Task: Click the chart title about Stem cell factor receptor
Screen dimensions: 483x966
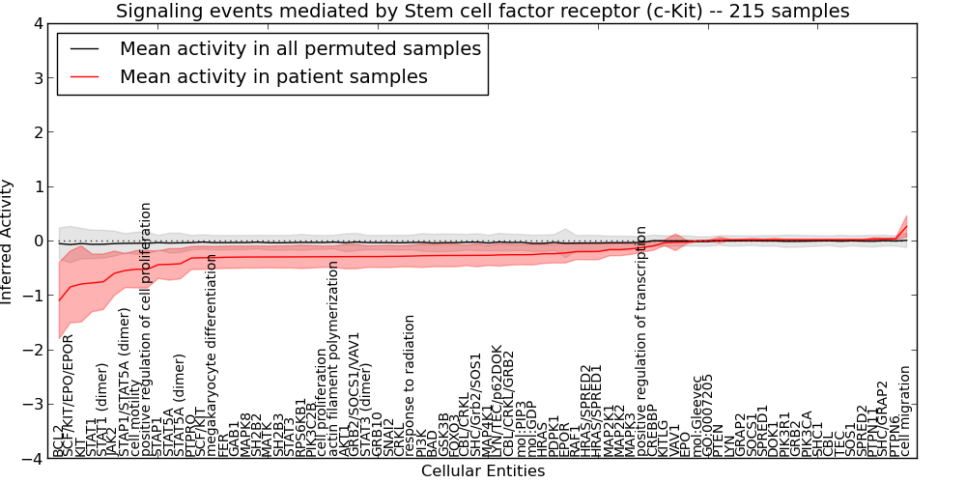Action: click(x=482, y=12)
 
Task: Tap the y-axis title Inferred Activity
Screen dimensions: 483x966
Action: click(x=8, y=241)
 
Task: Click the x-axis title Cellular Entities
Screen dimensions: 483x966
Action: click(x=482, y=471)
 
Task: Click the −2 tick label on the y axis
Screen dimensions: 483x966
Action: click(x=31, y=351)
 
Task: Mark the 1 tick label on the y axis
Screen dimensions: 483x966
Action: click(x=36, y=186)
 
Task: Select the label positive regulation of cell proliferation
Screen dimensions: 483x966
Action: click(x=147, y=328)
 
